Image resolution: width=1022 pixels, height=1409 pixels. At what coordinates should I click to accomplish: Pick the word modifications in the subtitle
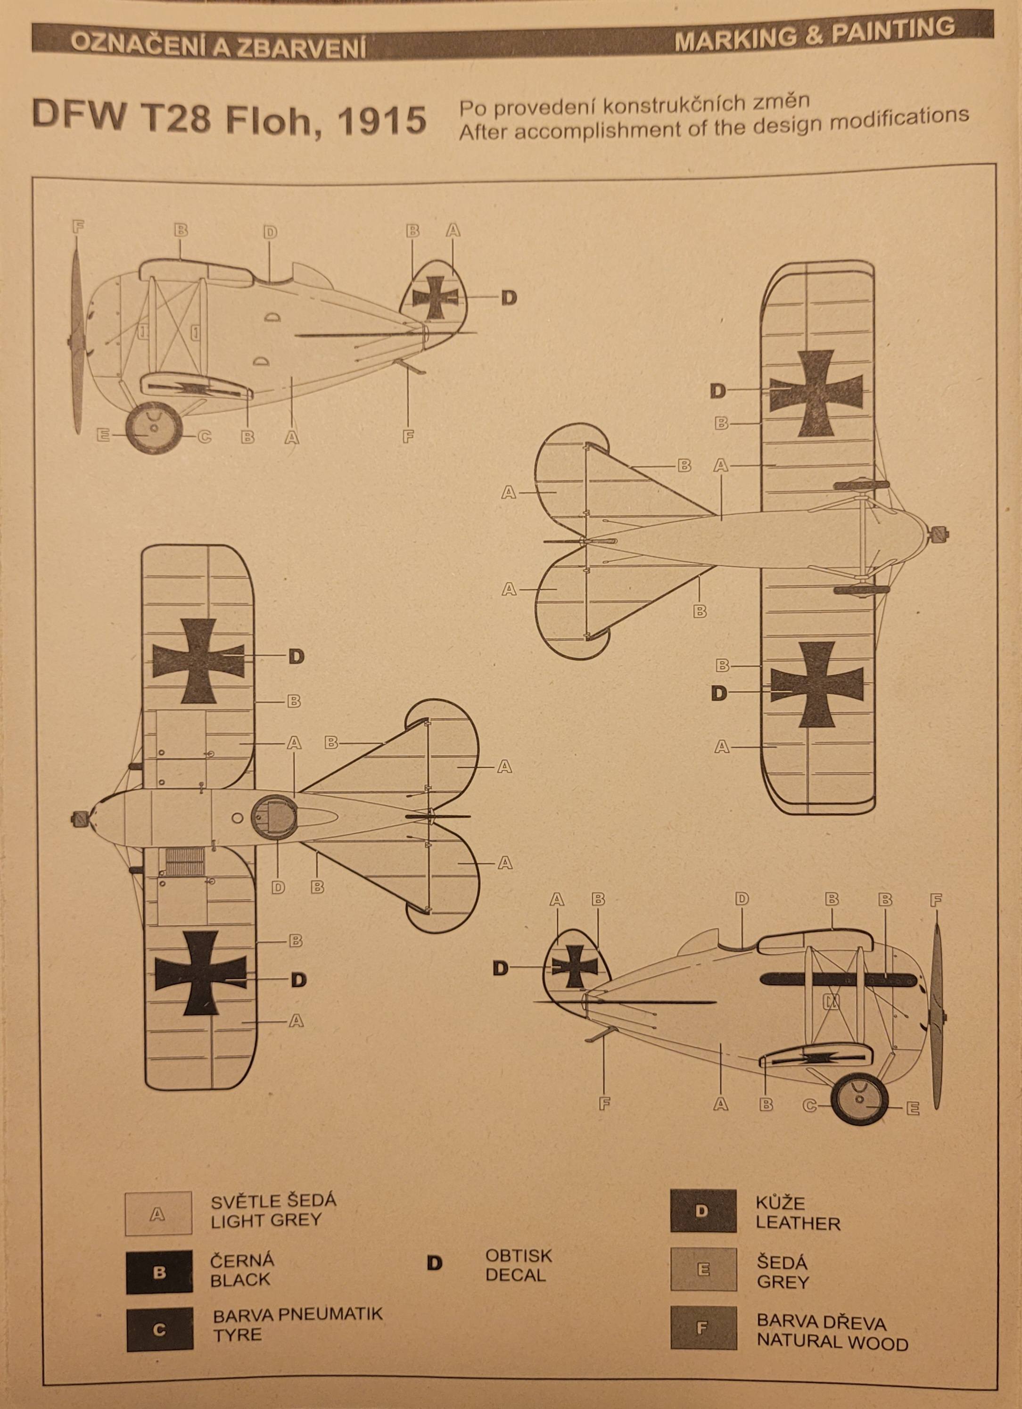tap(876, 118)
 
